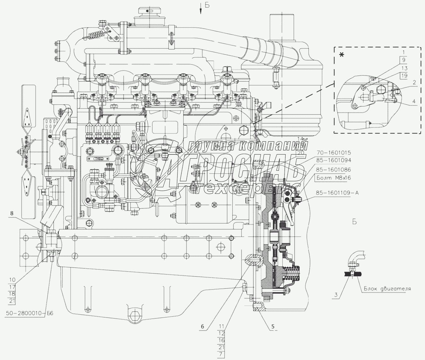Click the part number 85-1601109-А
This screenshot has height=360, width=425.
pos(337,193)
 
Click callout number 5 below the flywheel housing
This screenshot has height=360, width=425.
pos(273,327)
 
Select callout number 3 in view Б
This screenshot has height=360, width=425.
pos(336,295)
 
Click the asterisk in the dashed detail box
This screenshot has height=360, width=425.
pos(342,55)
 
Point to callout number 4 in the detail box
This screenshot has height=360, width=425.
pos(414,101)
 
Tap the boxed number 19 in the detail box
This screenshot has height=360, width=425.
pos(405,76)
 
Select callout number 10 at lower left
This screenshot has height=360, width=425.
pos(12,279)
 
